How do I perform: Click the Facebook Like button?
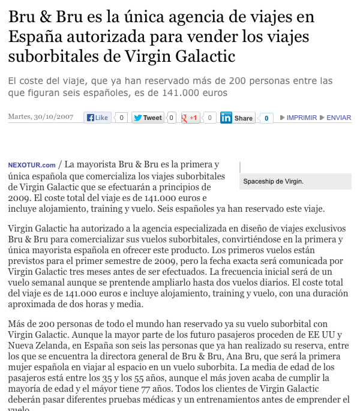click(97, 118)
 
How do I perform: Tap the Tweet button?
click(147, 118)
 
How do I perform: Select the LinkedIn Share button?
click(237, 118)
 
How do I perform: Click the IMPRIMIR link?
click(301, 118)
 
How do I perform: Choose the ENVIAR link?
click(338, 118)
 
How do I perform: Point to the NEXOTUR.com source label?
click(32, 165)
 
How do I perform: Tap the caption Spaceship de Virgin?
click(274, 181)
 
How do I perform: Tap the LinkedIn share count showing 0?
click(266, 118)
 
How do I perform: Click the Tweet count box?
click(171, 118)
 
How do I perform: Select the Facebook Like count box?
click(122, 118)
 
